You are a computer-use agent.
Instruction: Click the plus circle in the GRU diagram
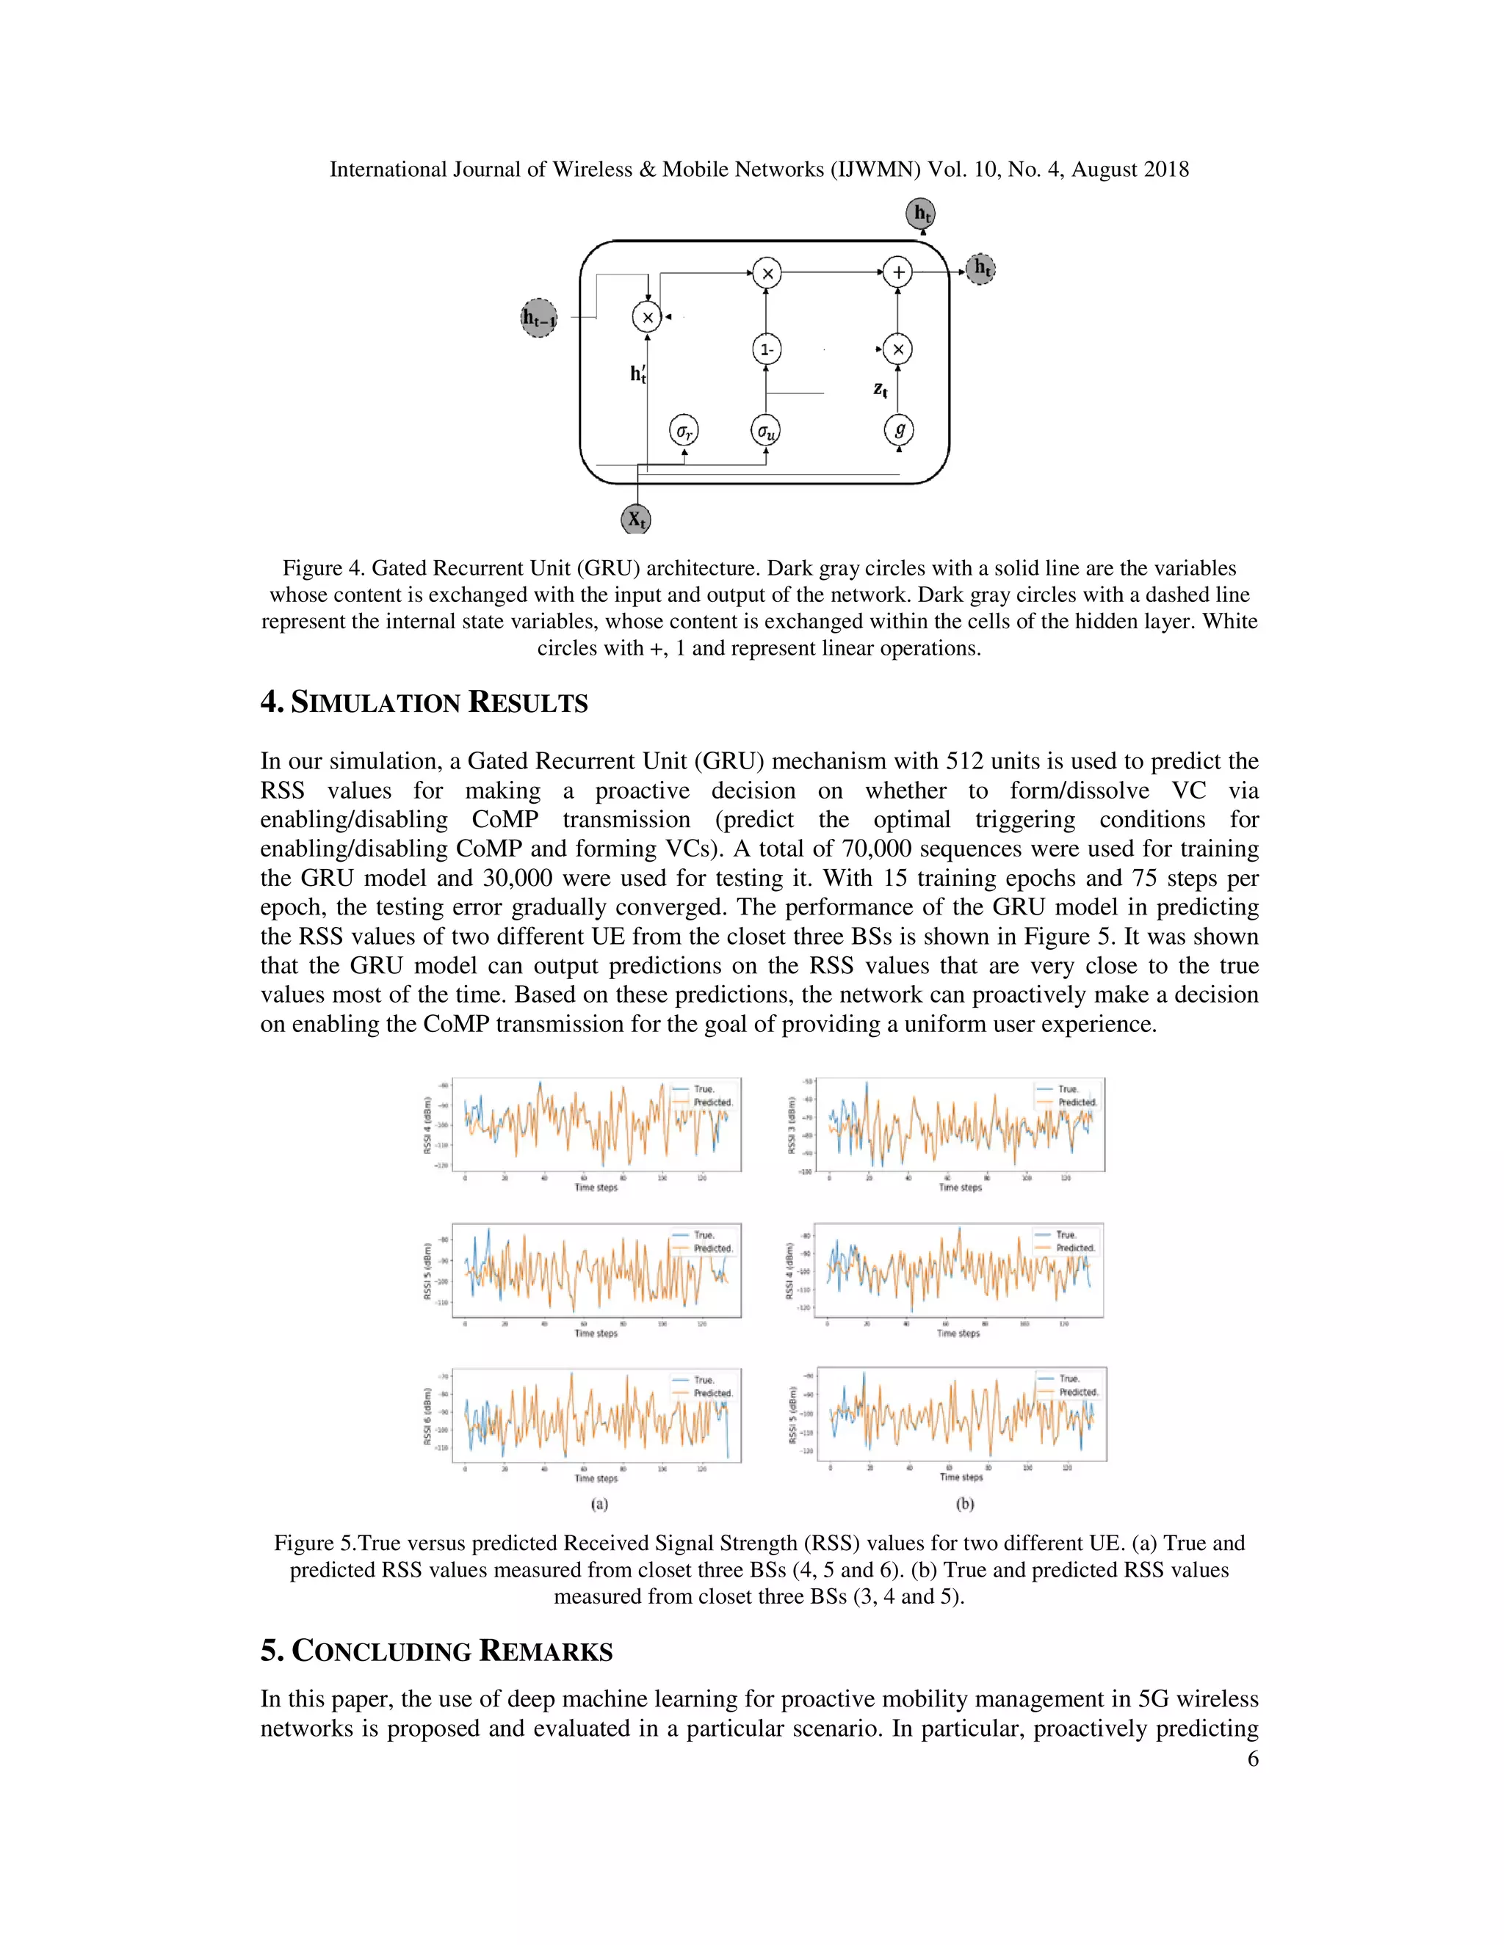coord(897,272)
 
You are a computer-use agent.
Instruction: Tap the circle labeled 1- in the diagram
coord(766,350)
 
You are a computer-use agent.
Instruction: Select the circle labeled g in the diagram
coord(899,430)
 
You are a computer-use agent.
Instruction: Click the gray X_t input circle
coord(635,518)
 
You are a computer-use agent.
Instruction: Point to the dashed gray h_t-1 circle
coord(539,318)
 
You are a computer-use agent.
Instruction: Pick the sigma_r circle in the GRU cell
coord(684,431)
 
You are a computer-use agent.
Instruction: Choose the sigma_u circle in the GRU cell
coord(765,431)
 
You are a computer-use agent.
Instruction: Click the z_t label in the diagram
coord(881,389)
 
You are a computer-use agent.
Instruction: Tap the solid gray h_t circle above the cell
coord(922,213)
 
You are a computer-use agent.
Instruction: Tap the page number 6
coord(1252,1758)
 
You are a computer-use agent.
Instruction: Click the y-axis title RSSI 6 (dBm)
coord(427,1417)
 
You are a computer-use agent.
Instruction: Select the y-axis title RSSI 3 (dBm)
coord(791,1124)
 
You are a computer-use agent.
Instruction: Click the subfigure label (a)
coord(600,1504)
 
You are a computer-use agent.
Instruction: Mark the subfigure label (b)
coord(965,1504)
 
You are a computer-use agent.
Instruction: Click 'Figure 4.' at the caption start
coord(322,568)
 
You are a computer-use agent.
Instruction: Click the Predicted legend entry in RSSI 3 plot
coord(1077,1102)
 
